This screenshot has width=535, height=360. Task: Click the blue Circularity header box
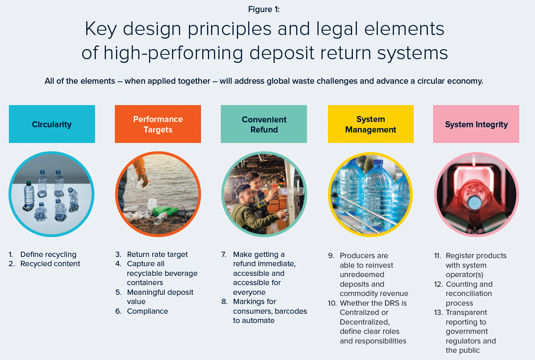point(52,124)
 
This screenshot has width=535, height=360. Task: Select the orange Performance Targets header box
point(158,124)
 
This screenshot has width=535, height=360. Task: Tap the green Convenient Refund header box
point(264,124)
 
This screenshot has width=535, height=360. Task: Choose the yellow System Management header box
point(371,124)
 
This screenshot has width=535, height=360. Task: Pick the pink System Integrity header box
point(476,124)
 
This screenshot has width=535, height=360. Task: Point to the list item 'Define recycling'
point(48,254)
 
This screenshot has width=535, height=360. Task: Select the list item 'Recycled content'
point(50,264)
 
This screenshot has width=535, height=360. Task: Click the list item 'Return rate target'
point(157,254)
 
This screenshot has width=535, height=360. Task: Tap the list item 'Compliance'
point(147,311)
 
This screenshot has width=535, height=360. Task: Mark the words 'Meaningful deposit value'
point(160,297)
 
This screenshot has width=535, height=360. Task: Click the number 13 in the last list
point(438,312)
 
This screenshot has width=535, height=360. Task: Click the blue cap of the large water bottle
point(378,163)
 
